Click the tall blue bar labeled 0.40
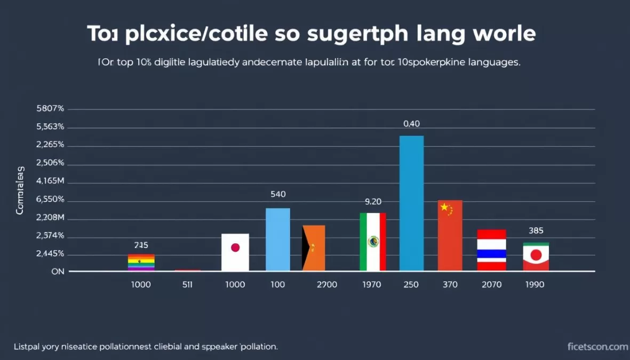[x=411, y=203]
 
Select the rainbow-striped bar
[x=141, y=262]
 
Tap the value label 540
[x=278, y=195]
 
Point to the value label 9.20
[x=373, y=202]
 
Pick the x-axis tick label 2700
[x=326, y=285]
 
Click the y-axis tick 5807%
[x=50, y=109]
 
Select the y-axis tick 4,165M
[x=50, y=181]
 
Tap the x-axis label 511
[x=187, y=285]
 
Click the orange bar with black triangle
[x=314, y=247]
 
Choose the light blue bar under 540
[x=278, y=239]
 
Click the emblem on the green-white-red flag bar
[x=373, y=242]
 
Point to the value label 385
[x=536, y=231]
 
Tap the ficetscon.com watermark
[x=597, y=347]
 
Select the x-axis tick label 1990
[x=535, y=285]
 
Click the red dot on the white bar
[x=235, y=247]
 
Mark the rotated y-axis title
[x=20, y=190]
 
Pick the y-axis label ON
[x=58, y=271]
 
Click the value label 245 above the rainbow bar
[x=141, y=245]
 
